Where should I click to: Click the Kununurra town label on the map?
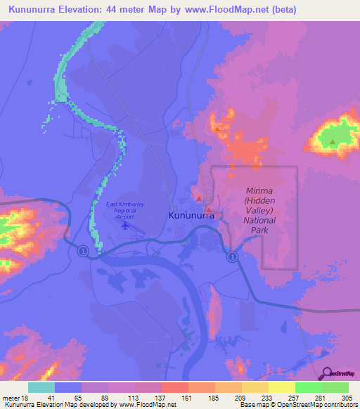[x=192, y=216]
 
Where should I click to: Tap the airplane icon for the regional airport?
[x=126, y=226]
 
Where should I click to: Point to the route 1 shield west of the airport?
[x=82, y=251]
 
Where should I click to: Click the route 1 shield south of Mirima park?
[x=231, y=258]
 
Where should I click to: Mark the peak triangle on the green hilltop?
[x=332, y=141]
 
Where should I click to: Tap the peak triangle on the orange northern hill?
[x=217, y=129]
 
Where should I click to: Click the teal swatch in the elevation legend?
[x=41, y=387]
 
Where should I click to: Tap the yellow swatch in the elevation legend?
[x=281, y=387]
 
